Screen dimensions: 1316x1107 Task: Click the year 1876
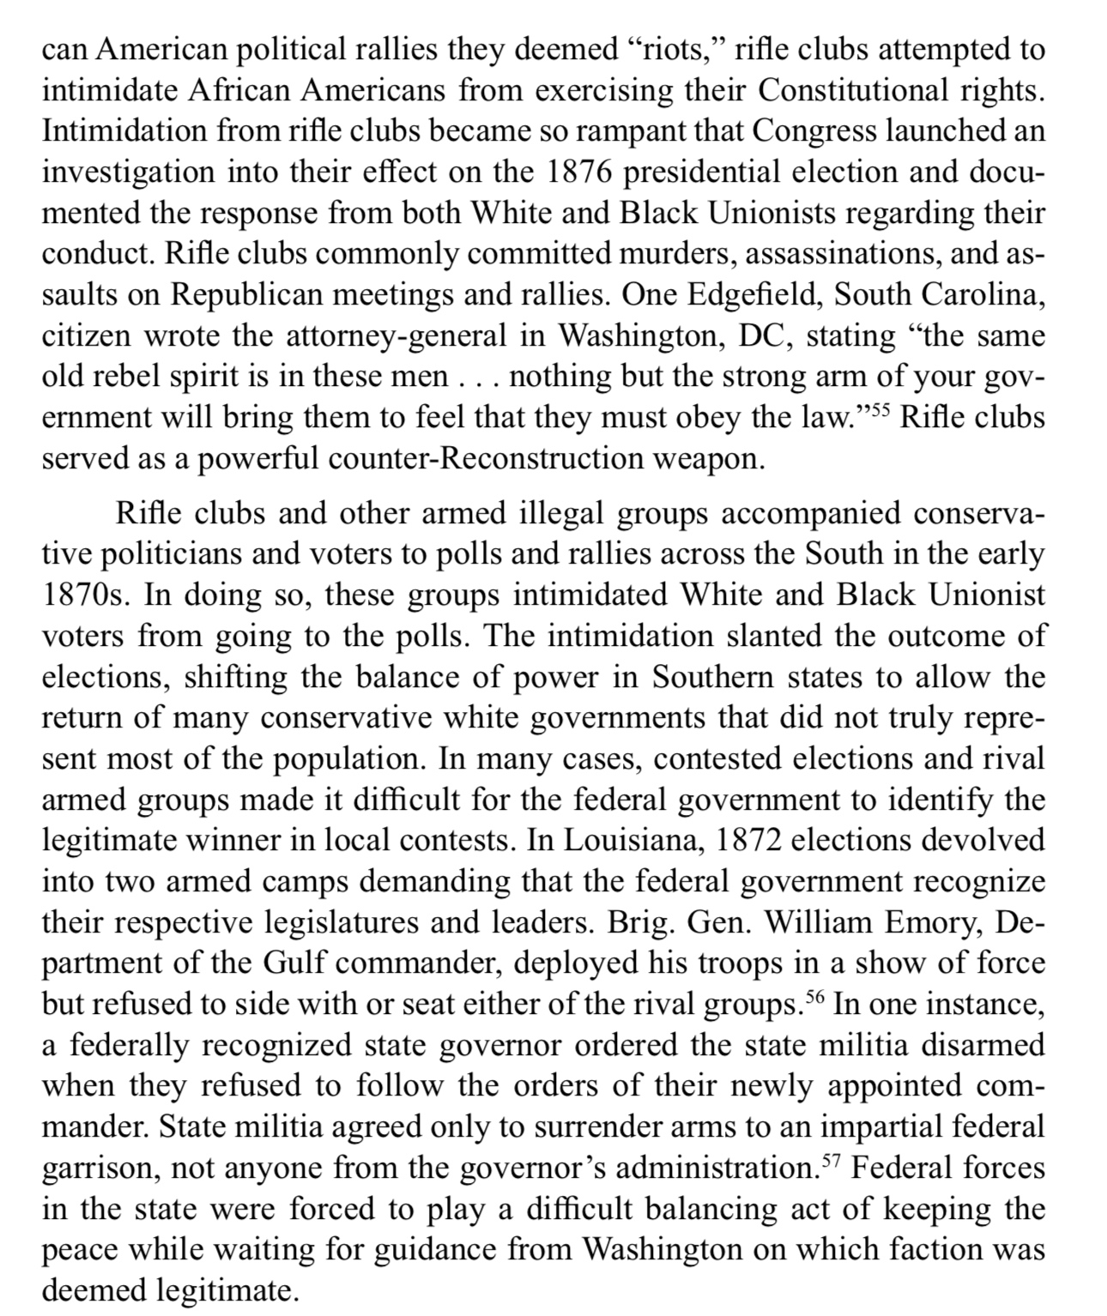pos(579,172)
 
